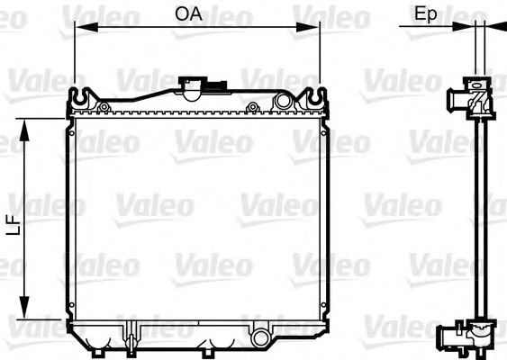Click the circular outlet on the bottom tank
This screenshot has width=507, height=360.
pyautogui.click(x=261, y=338)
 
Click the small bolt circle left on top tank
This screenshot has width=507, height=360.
pyautogui.click(x=104, y=107)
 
